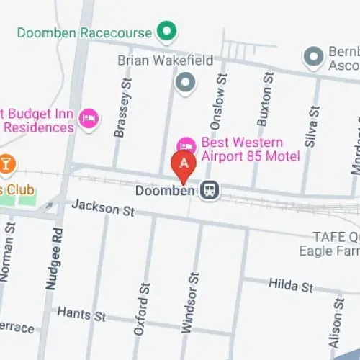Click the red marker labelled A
coord(184,164)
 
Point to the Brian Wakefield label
coord(166,60)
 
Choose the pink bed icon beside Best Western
coord(186,144)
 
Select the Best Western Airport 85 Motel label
coord(242,149)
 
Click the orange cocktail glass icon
coord(6,165)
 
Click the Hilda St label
coord(291,286)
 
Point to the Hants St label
coord(81,315)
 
